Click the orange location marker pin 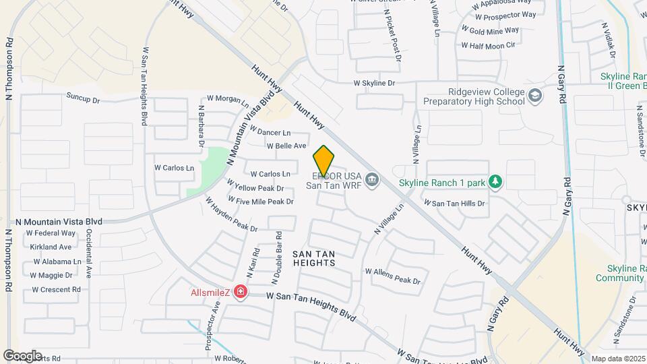pyautogui.click(x=323, y=160)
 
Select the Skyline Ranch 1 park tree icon pyautogui.click(x=496, y=182)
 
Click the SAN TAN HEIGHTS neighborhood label pyautogui.click(x=314, y=257)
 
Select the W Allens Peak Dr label pyautogui.click(x=393, y=280)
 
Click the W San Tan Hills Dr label pyautogui.click(x=454, y=203)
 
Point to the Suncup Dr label pyautogui.click(x=83, y=99)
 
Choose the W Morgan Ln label pyautogui.click(x=228, y=99)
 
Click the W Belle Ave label pyautogui.click(x=286, y=146)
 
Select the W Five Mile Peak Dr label pyautogui.click(x=261, y=202)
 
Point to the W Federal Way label pyautogui.click(x=51, y=233)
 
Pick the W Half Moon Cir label pyautogui.click(x=488, y=45)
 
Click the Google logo pyautogui.click(x=22, y=355)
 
